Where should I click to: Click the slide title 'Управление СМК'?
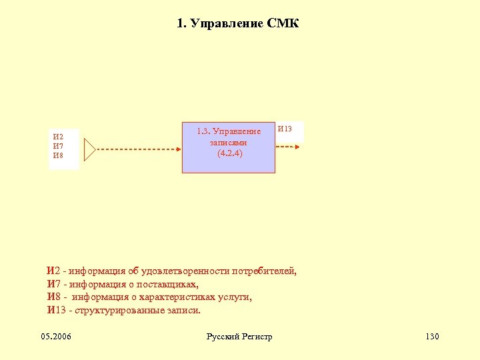tap(238, 24)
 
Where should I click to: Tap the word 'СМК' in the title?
tap(283, 24)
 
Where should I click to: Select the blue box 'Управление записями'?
tap(229, 148)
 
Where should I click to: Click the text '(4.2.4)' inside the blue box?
tap(229, 153)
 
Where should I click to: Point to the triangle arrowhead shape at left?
tap(90, 150)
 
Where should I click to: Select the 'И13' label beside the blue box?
tap(285, 129)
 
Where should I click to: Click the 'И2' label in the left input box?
tap(58, 137)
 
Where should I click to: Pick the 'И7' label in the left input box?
tap(58, 146)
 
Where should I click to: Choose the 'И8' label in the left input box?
tap(58, 155)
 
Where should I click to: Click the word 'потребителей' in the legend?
tap(265, 271)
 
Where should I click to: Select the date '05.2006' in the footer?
tap(56, 336)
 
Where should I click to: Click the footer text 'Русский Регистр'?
tap(239, 336)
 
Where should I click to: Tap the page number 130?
tap(431, 336)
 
